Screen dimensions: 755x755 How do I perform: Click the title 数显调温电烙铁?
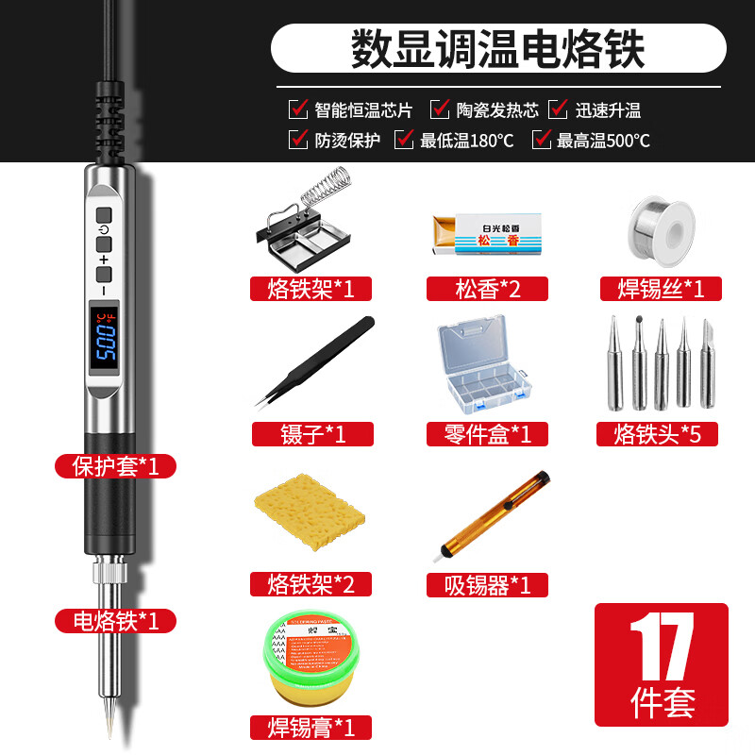498,49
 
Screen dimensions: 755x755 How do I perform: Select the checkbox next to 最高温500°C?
542,141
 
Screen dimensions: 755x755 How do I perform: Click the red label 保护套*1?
115,465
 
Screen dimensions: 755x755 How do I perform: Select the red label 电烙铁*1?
115,620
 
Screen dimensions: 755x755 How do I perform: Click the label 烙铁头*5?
658,434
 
